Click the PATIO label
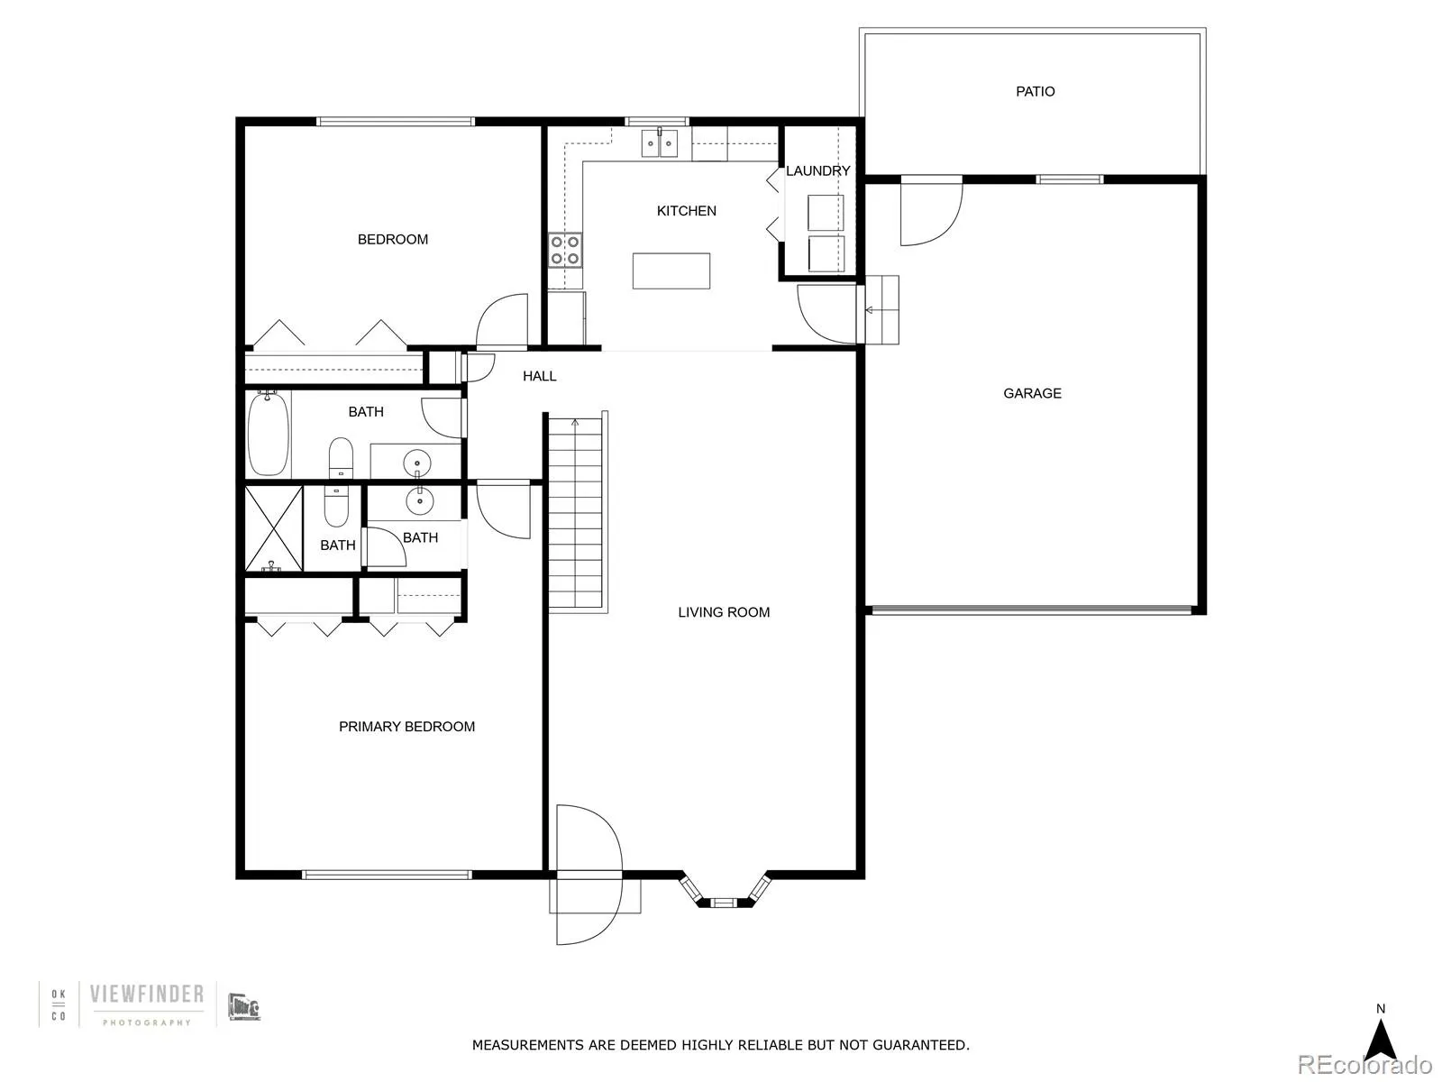pyautogui.click(x=1035, y=91)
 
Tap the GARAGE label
pyautogui.click(x=1032, y=393)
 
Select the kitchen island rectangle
pyautogui.click(x=671, y=270)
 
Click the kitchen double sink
pyautogui.click(x=659, y=143)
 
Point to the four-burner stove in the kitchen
pyautogui.click(x=565, y=250)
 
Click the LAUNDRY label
pyautogui.click(x=817, y=170)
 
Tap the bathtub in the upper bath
pyautogui.click(x=268, y=434)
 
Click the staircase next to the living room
pyautogui.click(x=576, y=514)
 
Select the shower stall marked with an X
pyautogui.click(x=274, y=528)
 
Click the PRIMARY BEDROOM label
pyautogui.click(x=406, y=727)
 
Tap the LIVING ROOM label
pyautogui.click(x=724, y=612)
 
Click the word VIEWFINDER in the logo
pyautogui.click(x=147, y=995)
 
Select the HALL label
pyautogui.click(x=539, y=376)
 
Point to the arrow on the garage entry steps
pyautogui.click(x=872, y=310)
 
